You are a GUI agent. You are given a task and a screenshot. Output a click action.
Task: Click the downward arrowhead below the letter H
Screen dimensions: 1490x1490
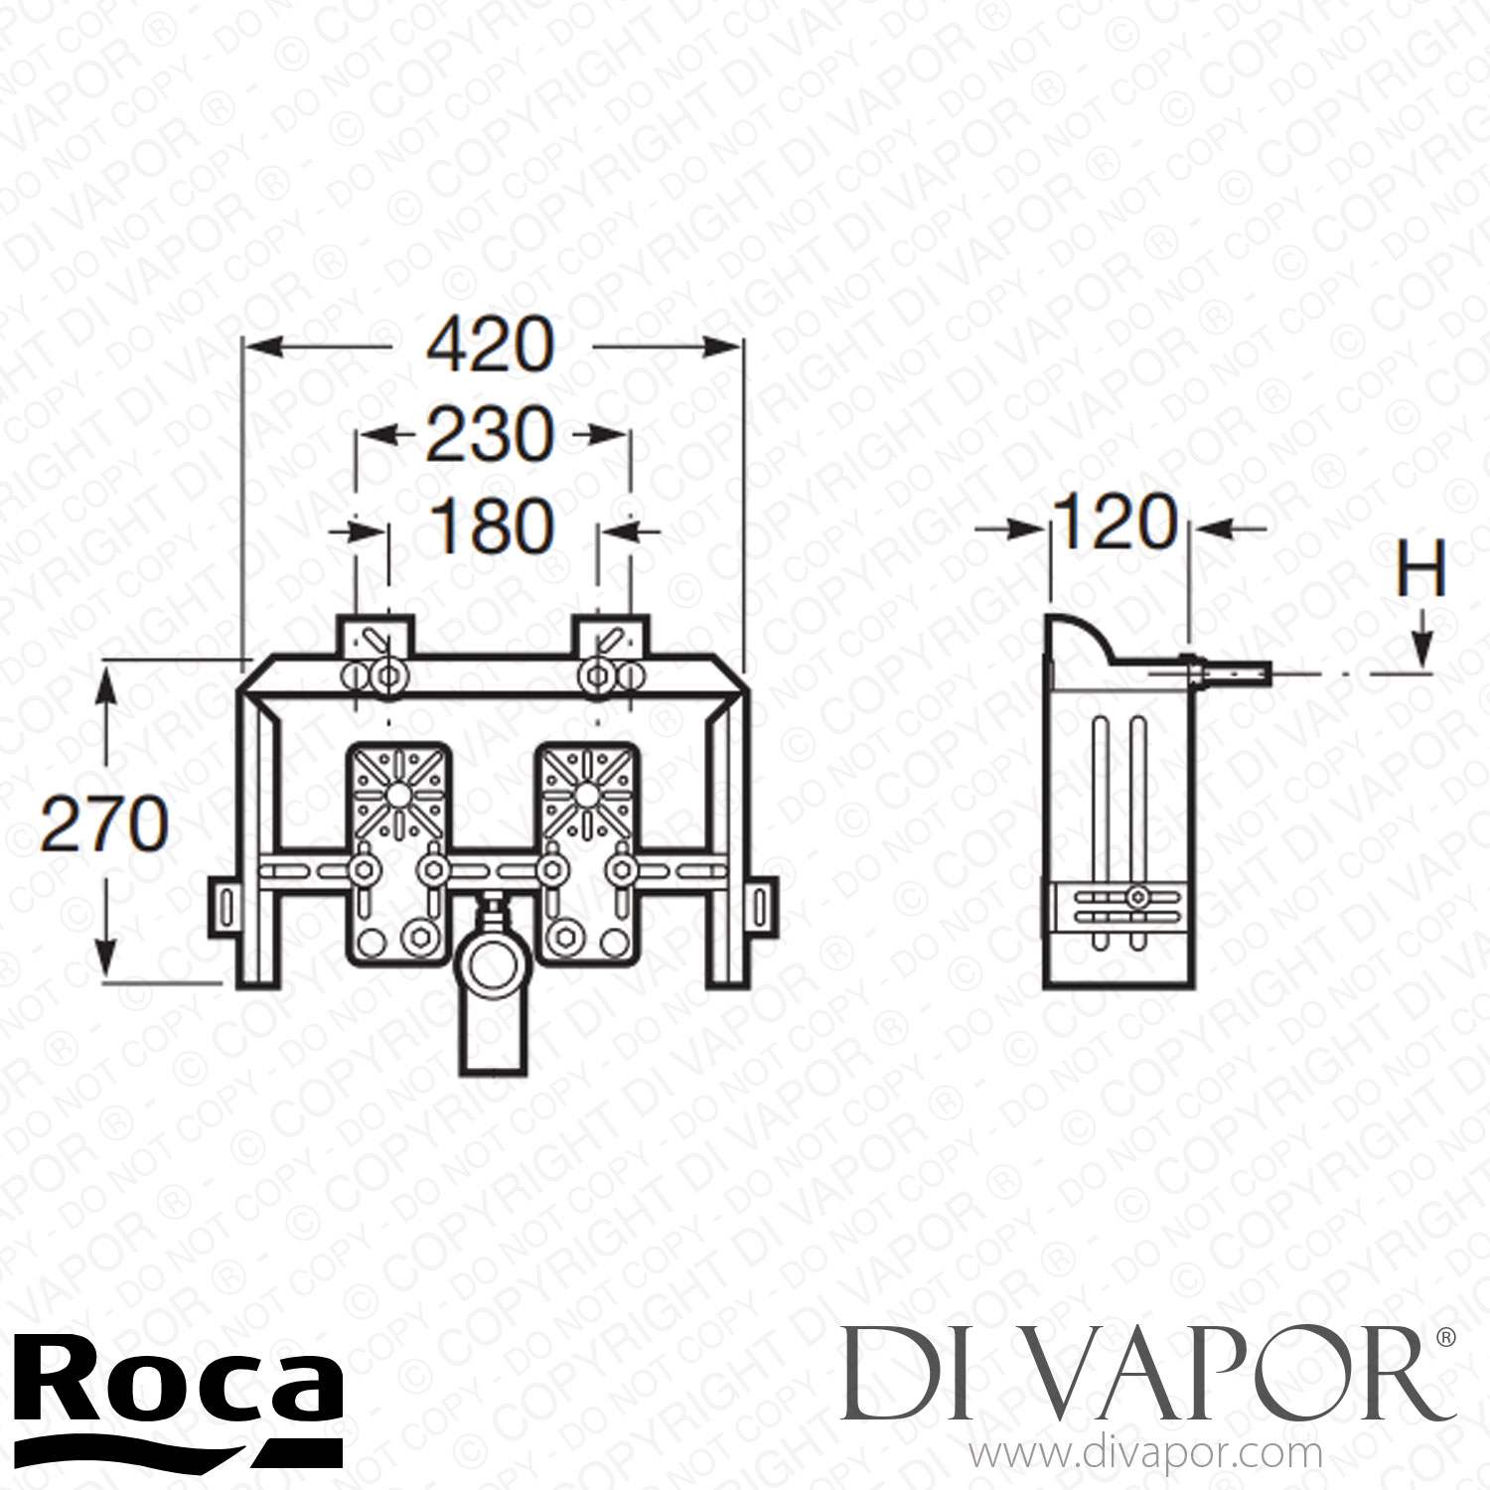pos(1424,656)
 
